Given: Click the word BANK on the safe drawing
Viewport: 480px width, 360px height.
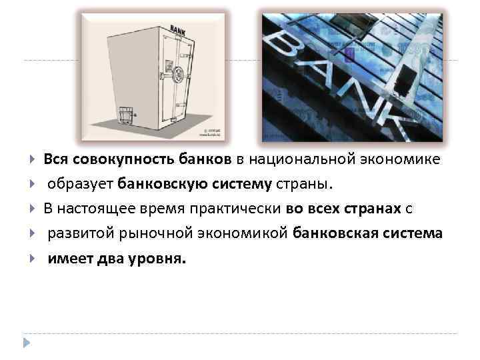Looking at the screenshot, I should click(x=177, y=30).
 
